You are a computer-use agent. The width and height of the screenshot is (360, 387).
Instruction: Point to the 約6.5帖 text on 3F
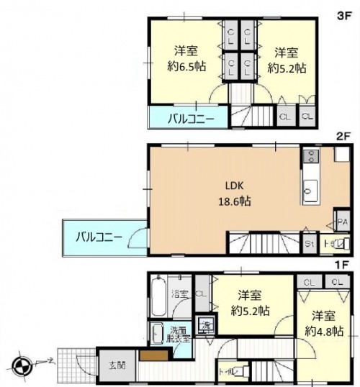(186, 66)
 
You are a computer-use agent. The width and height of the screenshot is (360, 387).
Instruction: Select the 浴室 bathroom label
(180, 294)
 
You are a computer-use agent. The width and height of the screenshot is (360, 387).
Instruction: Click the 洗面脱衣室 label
(179, 334)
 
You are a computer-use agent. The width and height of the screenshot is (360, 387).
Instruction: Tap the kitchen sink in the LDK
(309, 191)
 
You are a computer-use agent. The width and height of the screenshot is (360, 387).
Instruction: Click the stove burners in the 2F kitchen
(310, 157)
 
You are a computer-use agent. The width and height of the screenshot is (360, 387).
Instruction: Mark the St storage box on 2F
(308, 245)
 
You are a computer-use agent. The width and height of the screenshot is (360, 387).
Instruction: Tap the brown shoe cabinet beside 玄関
(151, 355)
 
